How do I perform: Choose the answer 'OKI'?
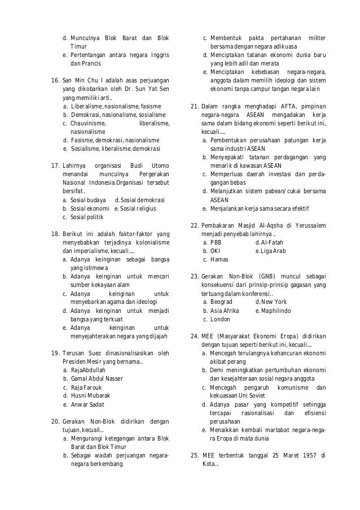tap(216, 251)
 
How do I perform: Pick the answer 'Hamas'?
tap(219, 259)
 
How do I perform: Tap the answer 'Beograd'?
tap(221, 302)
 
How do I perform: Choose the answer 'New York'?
tap(274, 302)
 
